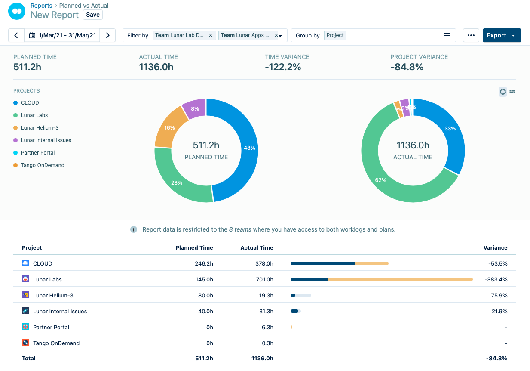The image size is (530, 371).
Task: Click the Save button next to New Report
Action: (x=93, y=15)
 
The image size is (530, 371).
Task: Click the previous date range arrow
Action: (x=16, y=35)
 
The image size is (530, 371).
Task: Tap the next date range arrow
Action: (x=108, y=35)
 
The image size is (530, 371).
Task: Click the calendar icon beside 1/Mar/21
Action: (x=32, y=35)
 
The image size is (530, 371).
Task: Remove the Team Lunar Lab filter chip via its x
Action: (x=210, y=35)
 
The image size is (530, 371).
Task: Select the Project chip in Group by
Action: (x=335, y=35)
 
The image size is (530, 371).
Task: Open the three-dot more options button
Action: (x=471, y=35)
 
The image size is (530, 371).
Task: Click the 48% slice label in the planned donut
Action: (x=249, y=148)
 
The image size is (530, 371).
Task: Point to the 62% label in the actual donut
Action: (x=380, y=180)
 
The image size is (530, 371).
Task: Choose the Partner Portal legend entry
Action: (x=38, y=153)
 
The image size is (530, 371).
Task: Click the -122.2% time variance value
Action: (x=283, y=67)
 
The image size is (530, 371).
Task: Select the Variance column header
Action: (x=495, y=247)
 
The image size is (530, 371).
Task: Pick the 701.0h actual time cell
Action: (x=263, y=279)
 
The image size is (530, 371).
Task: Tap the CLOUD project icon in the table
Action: (x=25, y=263)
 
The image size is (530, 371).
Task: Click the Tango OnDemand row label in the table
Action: (x=56, y=343)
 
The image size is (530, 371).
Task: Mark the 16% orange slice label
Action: (x=169, y=128)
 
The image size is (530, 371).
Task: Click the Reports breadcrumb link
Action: (x=41, y=6)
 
